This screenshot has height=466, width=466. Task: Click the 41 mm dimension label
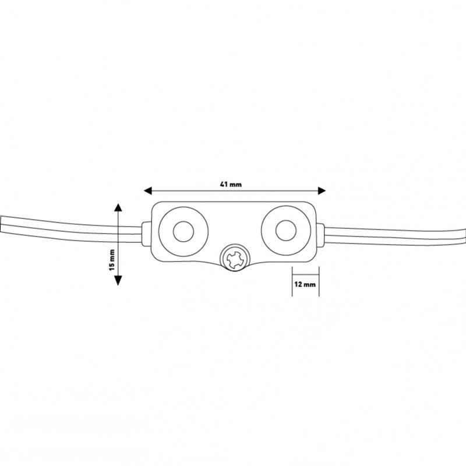pos(231,184)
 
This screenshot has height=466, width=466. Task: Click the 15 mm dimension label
pos(112,260)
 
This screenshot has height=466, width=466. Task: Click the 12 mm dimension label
pos(305,284)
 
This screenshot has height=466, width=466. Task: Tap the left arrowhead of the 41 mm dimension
pos(148,191)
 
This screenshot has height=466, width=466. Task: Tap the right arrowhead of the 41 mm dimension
pos(322,191)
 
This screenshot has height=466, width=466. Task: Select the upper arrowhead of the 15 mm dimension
pos(118,207)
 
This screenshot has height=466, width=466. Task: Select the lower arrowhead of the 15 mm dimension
pos(118,280)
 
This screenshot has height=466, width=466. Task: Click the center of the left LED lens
pos(183,231)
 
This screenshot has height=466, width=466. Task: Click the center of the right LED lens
pos(286,230)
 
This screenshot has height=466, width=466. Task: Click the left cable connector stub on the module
pos(147,234)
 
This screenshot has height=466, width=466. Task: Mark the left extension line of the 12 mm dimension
pos(292,281)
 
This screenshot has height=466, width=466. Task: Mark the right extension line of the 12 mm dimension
pos(319,281)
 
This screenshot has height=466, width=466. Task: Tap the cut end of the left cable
pos(1,224)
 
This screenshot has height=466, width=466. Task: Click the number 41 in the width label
pos(224,184)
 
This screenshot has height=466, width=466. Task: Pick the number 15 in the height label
pos(112,267)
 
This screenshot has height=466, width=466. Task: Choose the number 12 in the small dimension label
pos(298,284)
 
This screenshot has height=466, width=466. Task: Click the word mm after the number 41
pos(236,185)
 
